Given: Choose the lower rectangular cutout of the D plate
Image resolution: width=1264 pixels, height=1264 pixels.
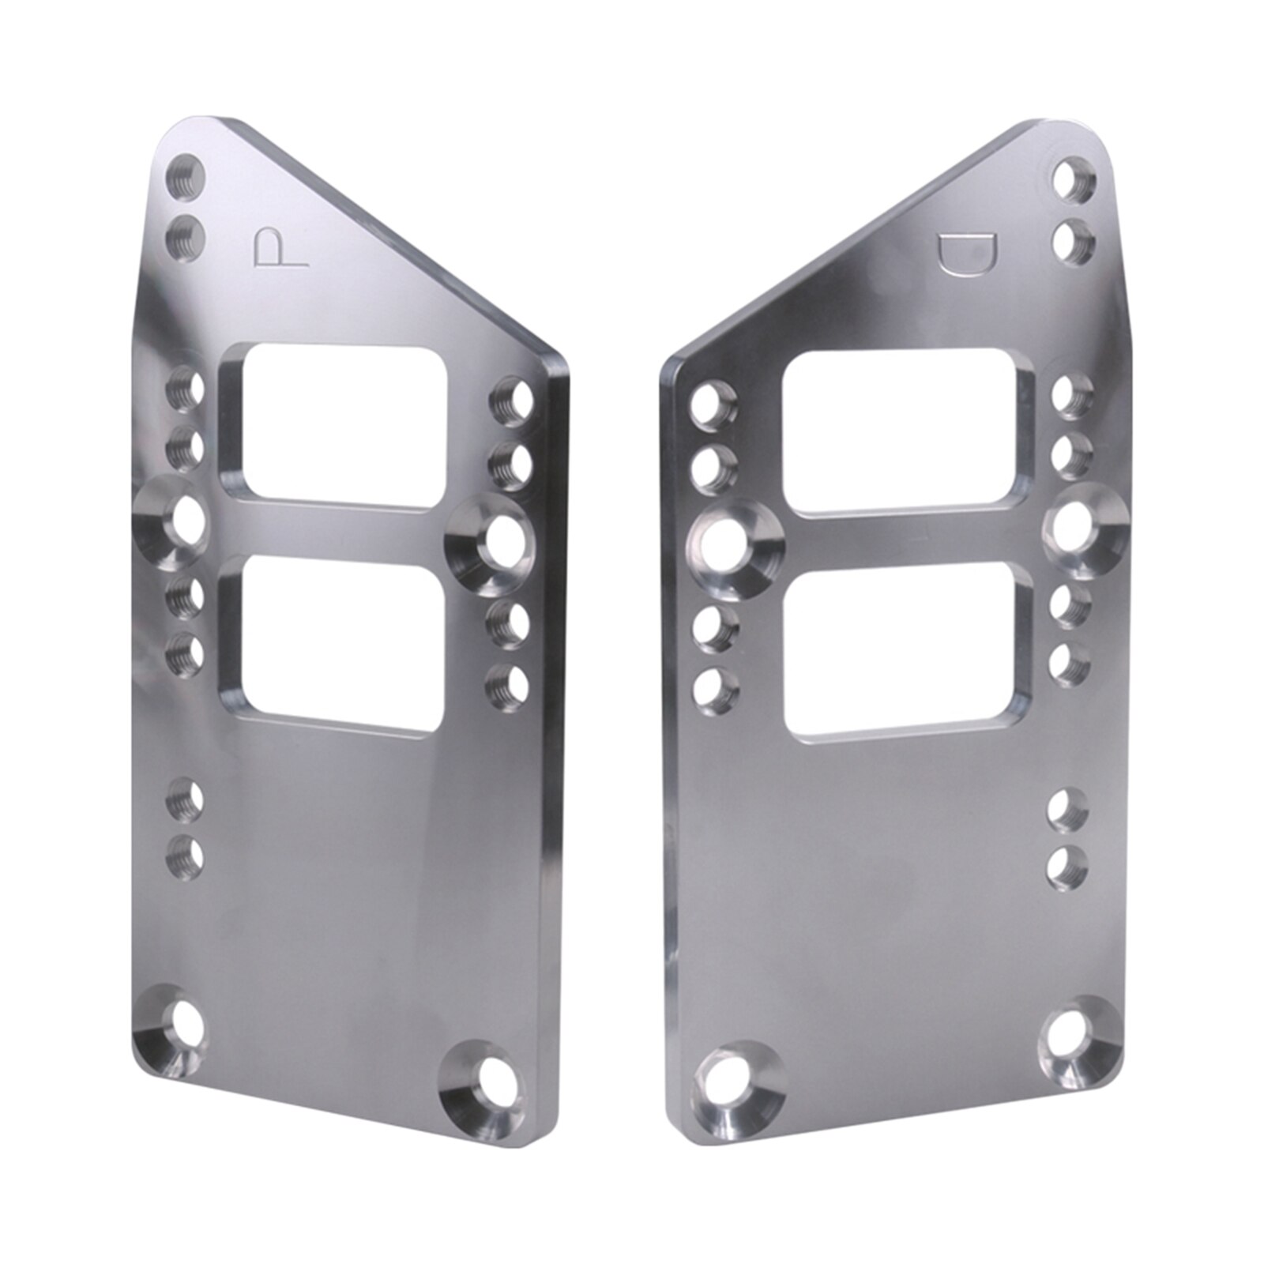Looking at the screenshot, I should point(908,648).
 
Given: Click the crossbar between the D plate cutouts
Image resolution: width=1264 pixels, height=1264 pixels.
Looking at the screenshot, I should point(908,540).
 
